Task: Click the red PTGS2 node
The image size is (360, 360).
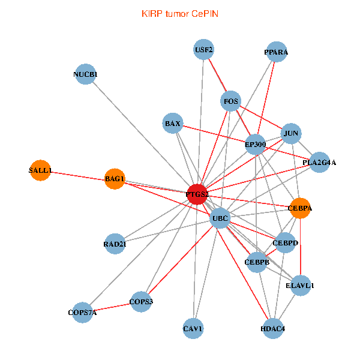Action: pos(197,194)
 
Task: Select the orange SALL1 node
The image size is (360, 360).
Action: pos(40,170)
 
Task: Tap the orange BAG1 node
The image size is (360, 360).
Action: pos(115,178)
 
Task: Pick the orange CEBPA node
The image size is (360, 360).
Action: pos(300,208)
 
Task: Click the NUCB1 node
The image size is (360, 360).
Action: pos(86,74)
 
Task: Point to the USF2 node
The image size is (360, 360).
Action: pos(204,49)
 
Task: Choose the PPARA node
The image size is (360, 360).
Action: pos(276,52)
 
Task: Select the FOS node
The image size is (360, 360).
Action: pos(231,101)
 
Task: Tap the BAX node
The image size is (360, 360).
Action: pos(172,124)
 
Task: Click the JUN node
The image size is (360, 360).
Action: pos(291,133)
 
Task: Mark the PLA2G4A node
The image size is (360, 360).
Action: pos(319,162)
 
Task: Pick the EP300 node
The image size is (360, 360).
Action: pos(256,144)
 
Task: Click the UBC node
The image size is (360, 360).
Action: pos(220,218)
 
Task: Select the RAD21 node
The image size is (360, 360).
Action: pos(115,244)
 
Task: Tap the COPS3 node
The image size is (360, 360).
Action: pos(142,301)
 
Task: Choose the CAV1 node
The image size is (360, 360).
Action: pos(193,328)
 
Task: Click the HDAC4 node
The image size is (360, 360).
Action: pos(273,328)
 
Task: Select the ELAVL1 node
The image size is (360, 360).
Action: pos(299,286)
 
